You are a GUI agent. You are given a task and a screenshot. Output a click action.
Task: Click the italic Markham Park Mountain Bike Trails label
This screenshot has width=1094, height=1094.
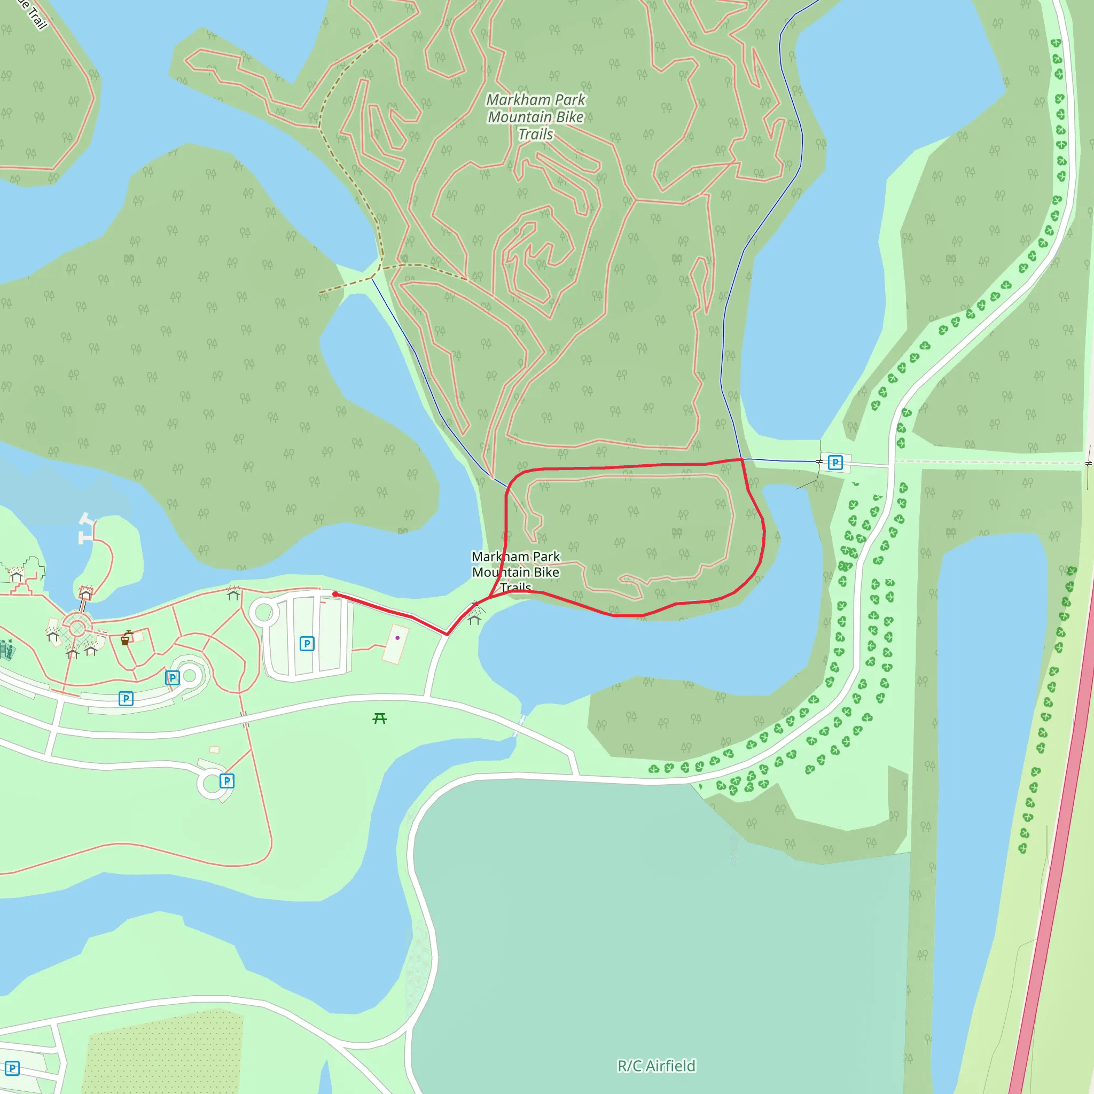pos(536,116)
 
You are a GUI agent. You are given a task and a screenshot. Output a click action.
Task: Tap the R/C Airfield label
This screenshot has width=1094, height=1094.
pos(656,1066)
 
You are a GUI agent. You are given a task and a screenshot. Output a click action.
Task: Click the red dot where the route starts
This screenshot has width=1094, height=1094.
pos(335,594)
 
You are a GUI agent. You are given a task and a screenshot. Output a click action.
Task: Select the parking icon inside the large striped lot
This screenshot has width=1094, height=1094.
pos(306,643)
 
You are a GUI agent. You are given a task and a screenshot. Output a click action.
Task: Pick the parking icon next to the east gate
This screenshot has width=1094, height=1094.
pos(835,463)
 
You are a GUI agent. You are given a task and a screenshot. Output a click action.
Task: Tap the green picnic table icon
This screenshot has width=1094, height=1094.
pos(379,718)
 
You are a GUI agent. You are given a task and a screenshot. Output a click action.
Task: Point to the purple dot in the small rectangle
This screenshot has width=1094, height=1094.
pos(397,638)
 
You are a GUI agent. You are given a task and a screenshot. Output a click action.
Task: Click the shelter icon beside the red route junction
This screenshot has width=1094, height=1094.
pos(474,619)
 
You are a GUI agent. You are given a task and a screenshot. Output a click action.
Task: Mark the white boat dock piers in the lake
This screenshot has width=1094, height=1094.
pos(85,528)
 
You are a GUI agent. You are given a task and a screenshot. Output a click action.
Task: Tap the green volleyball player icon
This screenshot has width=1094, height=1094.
pos(7,649)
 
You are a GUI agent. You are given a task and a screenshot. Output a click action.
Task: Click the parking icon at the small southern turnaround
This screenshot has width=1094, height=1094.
pos(226,781)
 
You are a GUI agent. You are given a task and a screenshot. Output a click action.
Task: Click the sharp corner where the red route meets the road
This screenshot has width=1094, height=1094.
pos(447,634)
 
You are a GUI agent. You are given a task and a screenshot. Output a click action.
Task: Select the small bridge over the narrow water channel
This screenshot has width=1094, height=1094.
pos(520,725)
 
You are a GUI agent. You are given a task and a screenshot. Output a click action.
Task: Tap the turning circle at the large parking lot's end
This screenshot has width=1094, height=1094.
pos(264,612)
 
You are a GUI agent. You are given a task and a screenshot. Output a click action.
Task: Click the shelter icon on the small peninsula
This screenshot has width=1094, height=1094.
pos(85,593)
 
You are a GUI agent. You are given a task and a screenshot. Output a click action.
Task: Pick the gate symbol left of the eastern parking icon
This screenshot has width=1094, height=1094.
pos(819,462)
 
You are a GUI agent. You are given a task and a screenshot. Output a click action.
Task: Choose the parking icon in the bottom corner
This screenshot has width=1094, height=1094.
pos(12,1068)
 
